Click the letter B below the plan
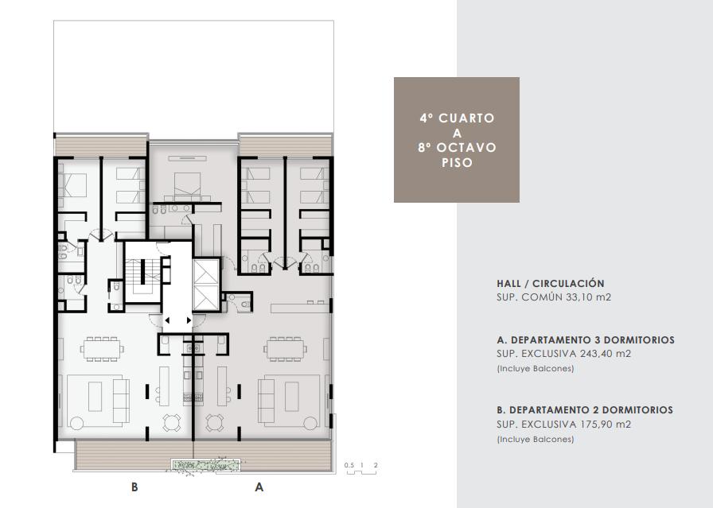point(134,487)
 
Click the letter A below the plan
point(259,487)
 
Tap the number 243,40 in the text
point(594,354)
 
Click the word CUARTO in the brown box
point(466,118)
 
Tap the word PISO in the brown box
point(457,163)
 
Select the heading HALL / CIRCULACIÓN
point(551,284)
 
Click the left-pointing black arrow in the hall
point(167,320)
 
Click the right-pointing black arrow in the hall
point(189,320)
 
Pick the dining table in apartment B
point(102,349)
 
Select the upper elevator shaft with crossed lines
point(206,272)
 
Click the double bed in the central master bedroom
point(187,185)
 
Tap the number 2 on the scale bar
point(376,465)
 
